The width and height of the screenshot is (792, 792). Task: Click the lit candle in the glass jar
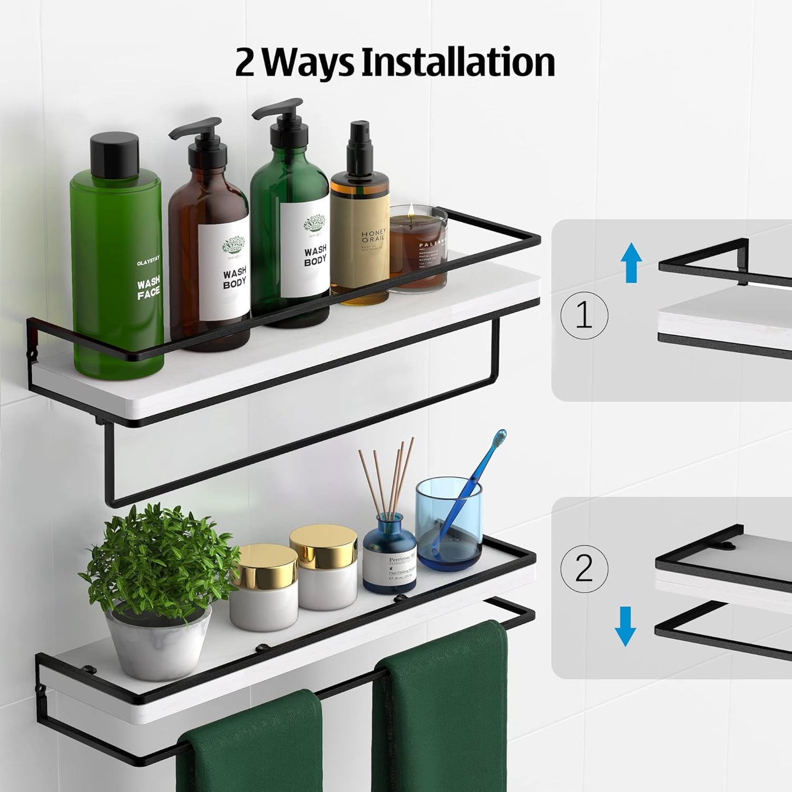coord(418,247)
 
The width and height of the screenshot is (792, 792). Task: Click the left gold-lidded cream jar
coord(264,586)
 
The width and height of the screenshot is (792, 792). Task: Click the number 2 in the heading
coord(245,63)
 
